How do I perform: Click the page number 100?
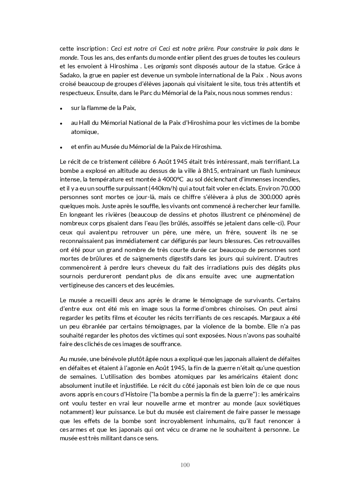185,465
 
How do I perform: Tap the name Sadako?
70,75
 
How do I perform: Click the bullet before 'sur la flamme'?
61,109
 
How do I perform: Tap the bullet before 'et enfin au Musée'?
61,147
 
